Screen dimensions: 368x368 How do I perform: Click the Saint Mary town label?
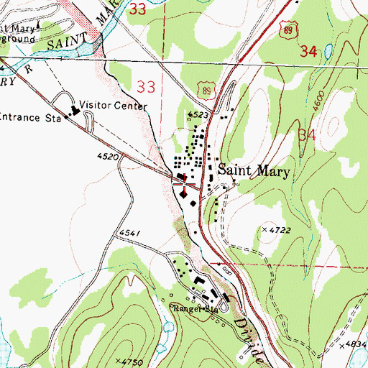pyautogui.click(x=253, y=172)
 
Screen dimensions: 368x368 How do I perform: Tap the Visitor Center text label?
pyautogui.click(x=114, y=106)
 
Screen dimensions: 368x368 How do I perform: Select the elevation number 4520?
pyautogui.click(x=105, y=155)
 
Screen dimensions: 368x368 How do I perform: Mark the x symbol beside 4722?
pyautogui.click(x=264, y=229)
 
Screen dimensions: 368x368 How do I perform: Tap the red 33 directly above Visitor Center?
pyautogui.click(x=146, y=87)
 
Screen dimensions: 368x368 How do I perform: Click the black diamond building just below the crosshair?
pyautogui.click(x=184, y=193)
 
